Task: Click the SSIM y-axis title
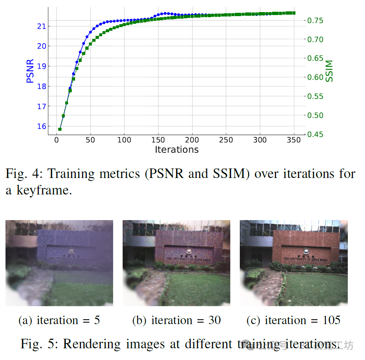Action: tap(330, 71)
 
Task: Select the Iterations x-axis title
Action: tap(176, 149)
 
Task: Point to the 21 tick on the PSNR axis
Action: tap(41, 26)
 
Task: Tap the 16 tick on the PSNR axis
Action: tap(41, 126)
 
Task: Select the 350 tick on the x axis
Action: tap(294, 140)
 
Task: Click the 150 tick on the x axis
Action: tap(158, 140)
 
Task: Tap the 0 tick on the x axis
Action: tap(56, 140)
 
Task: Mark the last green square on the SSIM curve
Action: tap(294, 13)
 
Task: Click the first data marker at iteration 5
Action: tap(60, 129)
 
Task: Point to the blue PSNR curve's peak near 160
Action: tap(165, 14)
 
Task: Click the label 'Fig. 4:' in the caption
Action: tap(23, 173)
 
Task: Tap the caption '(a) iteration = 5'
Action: tap(59, 320)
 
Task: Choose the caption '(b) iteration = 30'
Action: tap(176, 320)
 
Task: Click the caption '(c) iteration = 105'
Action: tap(294, 320)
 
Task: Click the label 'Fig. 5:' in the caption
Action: tap(38, 344)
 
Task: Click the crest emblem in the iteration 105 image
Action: tap(305, 252)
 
